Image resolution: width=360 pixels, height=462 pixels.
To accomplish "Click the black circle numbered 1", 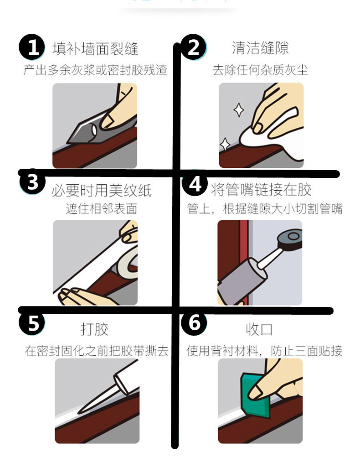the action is tap(32, 47).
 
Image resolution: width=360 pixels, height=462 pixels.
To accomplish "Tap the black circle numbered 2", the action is tap(193, 47).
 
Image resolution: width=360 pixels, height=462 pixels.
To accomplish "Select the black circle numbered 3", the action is tap(32, 182).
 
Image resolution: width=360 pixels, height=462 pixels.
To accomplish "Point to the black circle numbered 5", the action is tap(32, 322).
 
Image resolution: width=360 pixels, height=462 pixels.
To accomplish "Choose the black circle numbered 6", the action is tap(194, 322).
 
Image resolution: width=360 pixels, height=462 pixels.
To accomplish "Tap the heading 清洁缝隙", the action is tap(260, 48).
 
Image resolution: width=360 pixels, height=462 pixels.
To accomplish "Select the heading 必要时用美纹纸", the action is tap(102, 190).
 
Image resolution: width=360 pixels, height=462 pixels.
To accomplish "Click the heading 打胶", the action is tap(94, 329).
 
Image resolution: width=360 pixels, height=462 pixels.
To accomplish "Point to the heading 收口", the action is tap(259, 329).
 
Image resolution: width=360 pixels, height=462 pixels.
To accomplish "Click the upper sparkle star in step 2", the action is tap(239, 109).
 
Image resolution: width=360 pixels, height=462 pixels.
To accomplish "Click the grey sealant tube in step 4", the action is tap(242, 280).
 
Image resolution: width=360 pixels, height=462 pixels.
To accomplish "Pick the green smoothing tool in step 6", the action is tap(256, 396).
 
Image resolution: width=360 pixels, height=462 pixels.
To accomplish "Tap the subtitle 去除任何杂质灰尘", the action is tap(260, 70).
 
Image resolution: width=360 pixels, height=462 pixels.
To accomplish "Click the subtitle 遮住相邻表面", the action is tap(102, 209).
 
